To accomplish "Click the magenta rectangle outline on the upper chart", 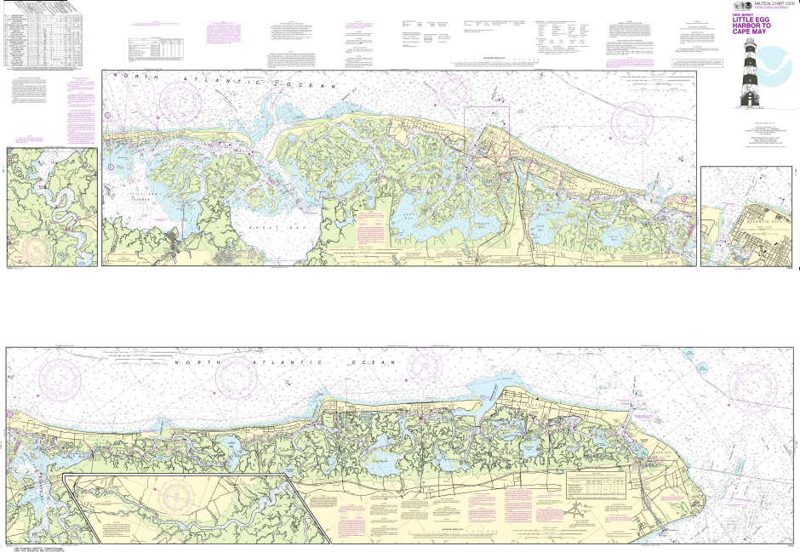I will (x=486, y=132).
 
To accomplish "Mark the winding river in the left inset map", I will (x=60, y=204).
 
